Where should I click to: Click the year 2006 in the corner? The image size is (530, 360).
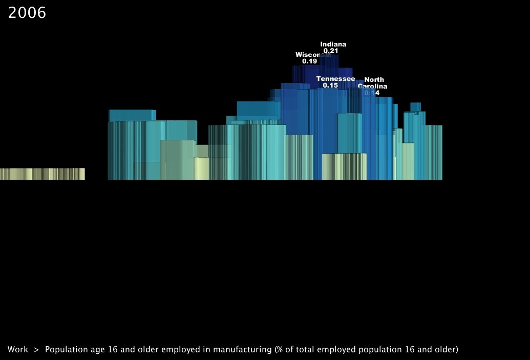click(x=27, y=13)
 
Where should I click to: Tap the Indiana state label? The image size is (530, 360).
click(x=333, y=44)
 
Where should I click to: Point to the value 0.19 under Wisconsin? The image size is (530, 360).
click(x=309, y=61)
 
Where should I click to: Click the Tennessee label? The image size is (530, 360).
click(x=335, y=78)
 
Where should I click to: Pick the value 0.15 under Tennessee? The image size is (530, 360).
click(x=330, y=86)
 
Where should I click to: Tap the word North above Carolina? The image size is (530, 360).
click(x=374, y=79)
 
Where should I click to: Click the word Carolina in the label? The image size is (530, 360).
click(x=372, y=86)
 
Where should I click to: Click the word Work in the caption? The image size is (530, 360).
click(x=18, y=350)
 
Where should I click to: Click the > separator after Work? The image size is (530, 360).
click(x=36, y=350)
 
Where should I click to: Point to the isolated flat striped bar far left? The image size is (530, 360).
click(x=42, y=174)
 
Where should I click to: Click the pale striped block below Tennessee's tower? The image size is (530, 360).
click(x=344, y=166)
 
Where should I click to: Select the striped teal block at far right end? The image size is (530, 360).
click(x=434, y=152)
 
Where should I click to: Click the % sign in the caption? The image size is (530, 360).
click(x=280, y=350)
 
